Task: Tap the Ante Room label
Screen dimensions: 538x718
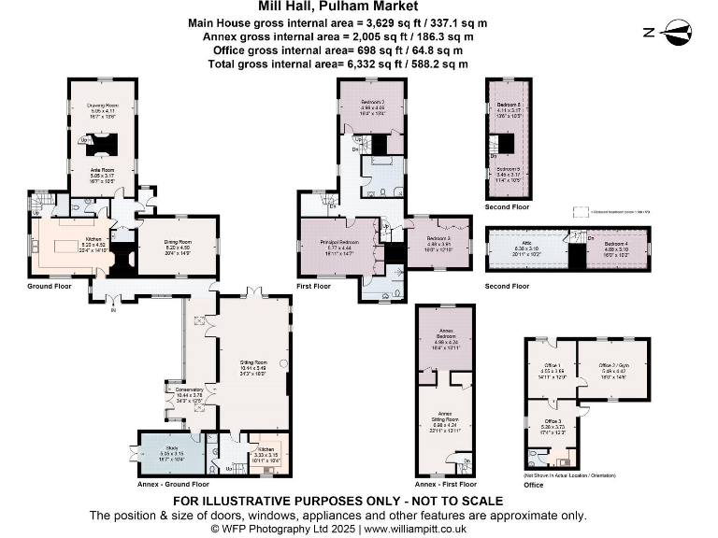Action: pyautogui.click(x=102, y=169)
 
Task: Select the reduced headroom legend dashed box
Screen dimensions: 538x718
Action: pyautogui.click(x=581, y=211)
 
